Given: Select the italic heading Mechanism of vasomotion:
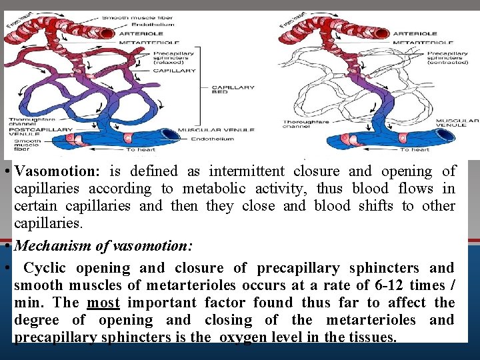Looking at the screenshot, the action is (103, 246).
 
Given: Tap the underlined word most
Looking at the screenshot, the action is (103, 303).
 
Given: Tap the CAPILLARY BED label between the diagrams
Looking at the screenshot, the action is (233, 91).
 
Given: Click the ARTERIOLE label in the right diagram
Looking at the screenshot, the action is (415, 33).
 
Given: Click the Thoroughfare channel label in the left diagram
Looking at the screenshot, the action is (26, 122).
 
